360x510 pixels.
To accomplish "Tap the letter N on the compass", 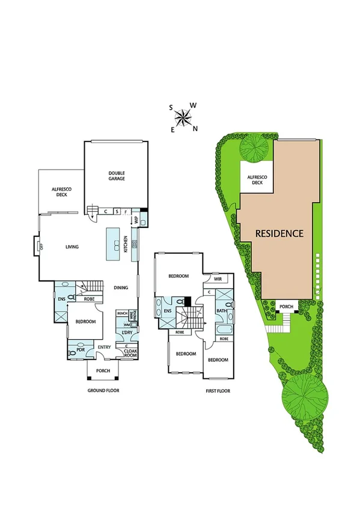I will point(195,128).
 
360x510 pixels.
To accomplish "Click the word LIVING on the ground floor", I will point(73,247).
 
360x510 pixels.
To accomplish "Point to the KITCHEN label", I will point(126,245).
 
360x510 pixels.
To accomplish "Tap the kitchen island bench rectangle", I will point(113,244).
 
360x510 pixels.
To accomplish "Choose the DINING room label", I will point(121,288).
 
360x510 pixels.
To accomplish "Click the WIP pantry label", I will point(136,221).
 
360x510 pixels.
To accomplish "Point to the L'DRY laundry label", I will point(127,333).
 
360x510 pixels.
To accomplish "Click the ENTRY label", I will point(104,347).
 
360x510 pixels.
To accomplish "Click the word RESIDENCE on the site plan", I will point(280,233).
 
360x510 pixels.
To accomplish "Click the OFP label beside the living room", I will point(41,247).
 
